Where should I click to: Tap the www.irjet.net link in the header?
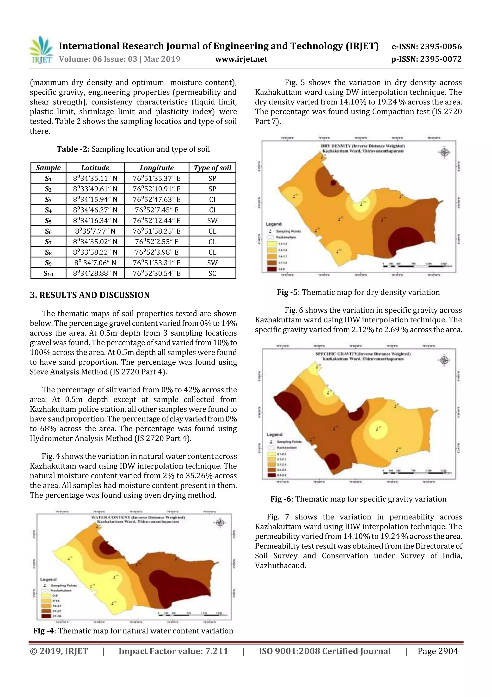point(241,59)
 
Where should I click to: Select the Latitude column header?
point(95,167)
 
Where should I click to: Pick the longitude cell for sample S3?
point(156,199)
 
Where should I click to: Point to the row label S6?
point(48,231)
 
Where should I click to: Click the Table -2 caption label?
point(73,149)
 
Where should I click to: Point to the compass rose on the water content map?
point(220,523)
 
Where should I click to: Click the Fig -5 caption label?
point(287,292)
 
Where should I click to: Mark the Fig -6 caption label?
point(280,499)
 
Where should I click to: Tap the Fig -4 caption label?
point(43,631)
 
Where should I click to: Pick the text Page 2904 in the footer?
point(437,651)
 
